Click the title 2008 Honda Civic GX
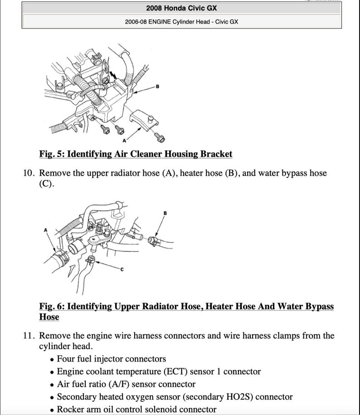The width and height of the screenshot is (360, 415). coord(181,8)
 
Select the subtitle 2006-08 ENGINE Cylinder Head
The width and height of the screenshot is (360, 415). coord(181,21)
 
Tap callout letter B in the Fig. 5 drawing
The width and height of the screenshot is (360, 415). coord(157,87)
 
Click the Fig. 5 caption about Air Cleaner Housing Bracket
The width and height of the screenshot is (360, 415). coord(136,154)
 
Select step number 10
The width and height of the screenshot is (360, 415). coord(29,173)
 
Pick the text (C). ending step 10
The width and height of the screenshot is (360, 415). coord(46,184)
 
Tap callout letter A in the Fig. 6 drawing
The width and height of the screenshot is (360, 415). coord(45,230)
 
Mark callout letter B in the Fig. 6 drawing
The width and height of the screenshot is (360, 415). coord(165,213)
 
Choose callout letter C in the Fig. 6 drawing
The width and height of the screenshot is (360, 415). coord(122,269)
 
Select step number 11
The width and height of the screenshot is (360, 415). coord(29,336)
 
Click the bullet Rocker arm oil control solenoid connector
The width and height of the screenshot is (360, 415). coord(136,410)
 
